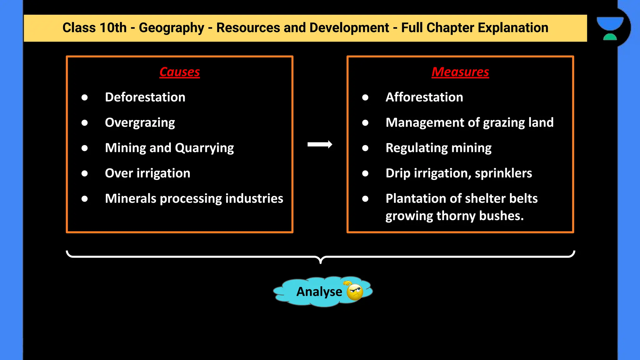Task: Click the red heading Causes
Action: point(179,72)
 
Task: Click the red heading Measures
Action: point(460,72)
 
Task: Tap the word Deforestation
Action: point(145,97)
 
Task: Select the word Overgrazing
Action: point(140,122)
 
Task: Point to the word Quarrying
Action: point(204,148)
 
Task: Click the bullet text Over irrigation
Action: point(147,173)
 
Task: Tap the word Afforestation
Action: point(424,97)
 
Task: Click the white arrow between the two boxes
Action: point(320,144)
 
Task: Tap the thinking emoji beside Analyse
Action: point(354,292)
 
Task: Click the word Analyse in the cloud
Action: point(319,292)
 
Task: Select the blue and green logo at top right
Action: point(610,28)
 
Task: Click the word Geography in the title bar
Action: point(171,28)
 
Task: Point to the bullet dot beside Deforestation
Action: point(84,97)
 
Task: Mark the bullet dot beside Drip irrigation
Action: point(365,173)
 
